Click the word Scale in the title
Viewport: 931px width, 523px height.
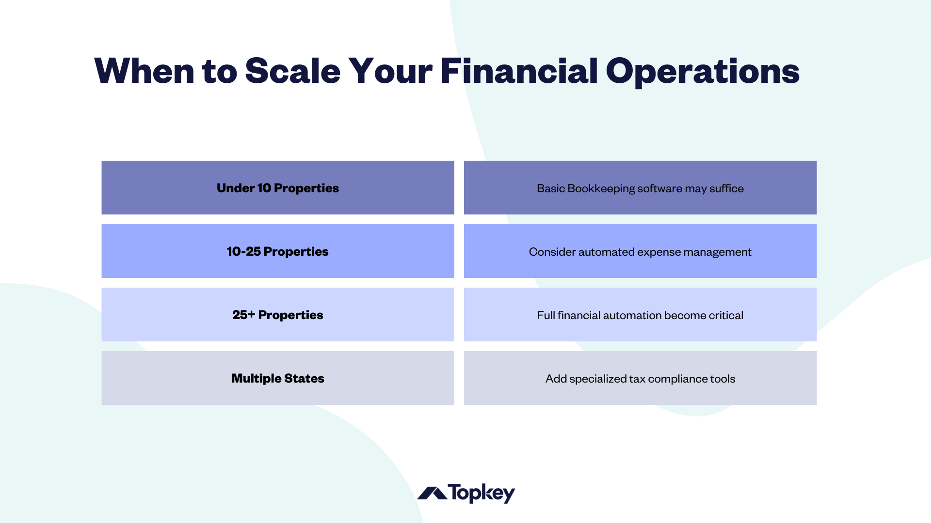[292, 71]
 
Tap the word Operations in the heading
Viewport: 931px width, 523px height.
[702, 71]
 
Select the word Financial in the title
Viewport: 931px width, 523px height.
[519, 71]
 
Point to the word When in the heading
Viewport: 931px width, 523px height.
[144, 71]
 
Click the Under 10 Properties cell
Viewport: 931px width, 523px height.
[277, 188]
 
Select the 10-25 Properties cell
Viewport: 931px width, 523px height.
[277, 251]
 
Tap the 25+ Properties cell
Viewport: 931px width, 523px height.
[277, 315]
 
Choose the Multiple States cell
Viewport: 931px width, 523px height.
[277, 378]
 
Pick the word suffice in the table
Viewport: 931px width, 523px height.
[726, 188]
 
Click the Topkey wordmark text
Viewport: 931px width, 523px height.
[481, 493]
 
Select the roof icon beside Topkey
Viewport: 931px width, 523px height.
[432, 493]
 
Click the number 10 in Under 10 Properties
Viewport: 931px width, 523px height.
[264, 188]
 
